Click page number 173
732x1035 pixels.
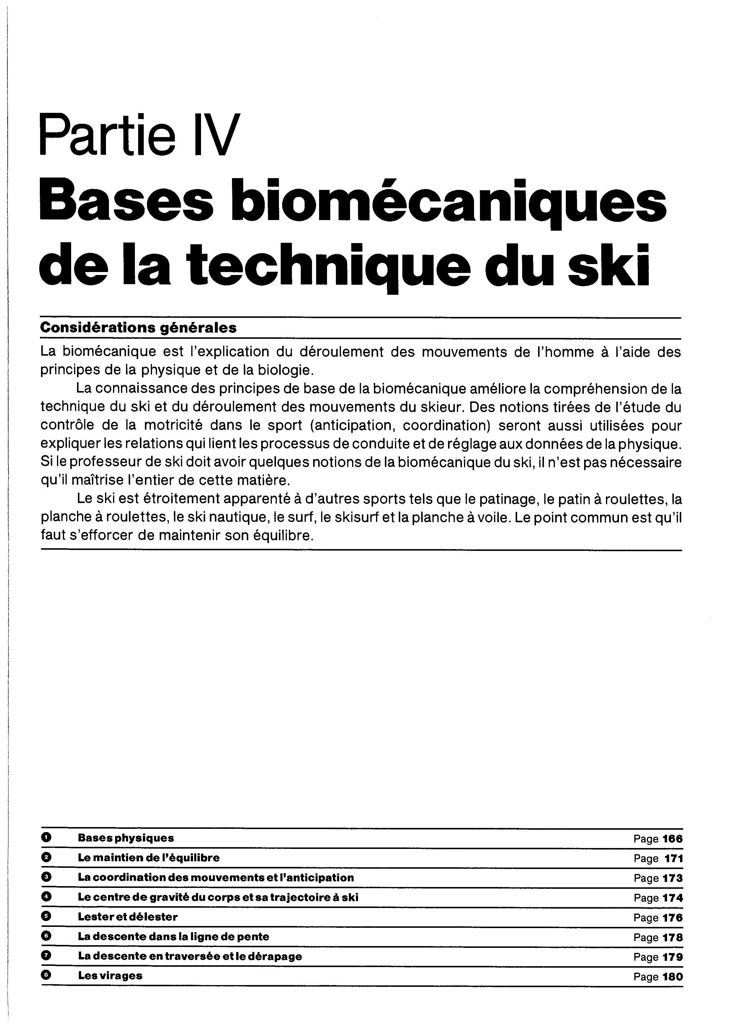click(x=672, y=878)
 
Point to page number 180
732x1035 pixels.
click(x=672, y=977)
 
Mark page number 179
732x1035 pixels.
click(x=672, y=957)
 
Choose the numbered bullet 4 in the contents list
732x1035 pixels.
click(x=46, y=897)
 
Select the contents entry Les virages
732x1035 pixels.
click(x=110, y=976)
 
